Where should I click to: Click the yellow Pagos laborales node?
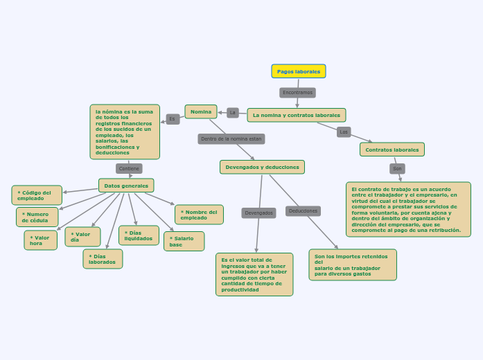[x=298, y=71]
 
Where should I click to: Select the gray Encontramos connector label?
[x=297, y=92]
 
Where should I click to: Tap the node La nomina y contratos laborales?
[x=296, y=115]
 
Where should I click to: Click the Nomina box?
[x=201, y=111]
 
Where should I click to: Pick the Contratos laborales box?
[x=392, y=150]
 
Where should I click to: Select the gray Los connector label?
[x=344, y=132]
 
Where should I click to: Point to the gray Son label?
[x=397, y=168]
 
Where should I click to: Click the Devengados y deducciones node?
[x=262, y=167]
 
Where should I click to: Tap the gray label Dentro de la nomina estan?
[x=231, y=138]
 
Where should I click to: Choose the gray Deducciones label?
[x=303, y=210]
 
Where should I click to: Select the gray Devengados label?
[x=258, y=213]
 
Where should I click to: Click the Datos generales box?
[x=125, y=186]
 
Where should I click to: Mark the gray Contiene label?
[x=129, y=168]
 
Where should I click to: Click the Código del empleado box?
[x=37, y=195]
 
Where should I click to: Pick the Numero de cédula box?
[x=37, y=217]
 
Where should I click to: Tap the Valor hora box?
[x=40, y=240]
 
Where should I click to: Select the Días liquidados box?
[x=139, y=235]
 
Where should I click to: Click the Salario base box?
[x=184, y=241]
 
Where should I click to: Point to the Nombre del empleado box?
[x=199, y=215]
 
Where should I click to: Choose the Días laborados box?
[x=103, y=259]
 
